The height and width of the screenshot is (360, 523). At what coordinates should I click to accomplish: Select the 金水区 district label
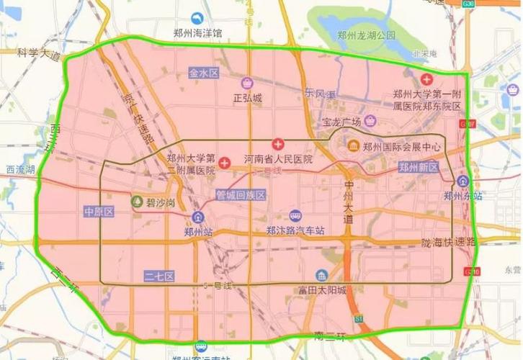pos(204,73)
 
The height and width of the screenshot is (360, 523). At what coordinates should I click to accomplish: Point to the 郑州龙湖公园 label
pos(367,35)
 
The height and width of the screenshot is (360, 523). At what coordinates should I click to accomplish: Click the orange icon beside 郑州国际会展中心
pos(353,147)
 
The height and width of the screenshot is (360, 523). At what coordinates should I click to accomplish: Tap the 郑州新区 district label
pos(419,166)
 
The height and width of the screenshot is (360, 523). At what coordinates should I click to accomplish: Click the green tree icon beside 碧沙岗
pos(137,202)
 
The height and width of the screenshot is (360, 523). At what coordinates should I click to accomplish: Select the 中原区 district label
pos(95,212)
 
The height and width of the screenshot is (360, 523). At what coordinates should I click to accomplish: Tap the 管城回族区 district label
pos(241,195)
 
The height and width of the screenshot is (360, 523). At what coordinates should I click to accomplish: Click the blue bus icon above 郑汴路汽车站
pos(295,216)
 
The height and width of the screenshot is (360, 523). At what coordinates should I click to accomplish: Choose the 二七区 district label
pos(156,275)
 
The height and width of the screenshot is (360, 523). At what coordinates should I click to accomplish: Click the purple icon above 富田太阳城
pos(321,276)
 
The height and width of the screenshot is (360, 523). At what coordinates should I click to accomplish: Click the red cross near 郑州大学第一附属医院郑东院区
pos(426,78)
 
